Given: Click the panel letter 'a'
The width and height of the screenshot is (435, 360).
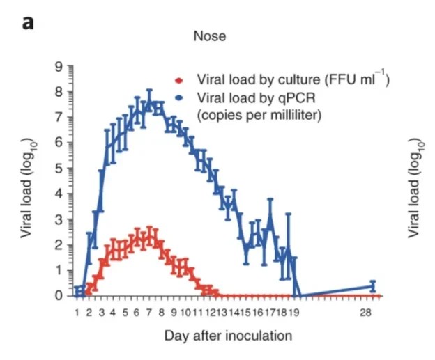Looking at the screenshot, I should point(28,22).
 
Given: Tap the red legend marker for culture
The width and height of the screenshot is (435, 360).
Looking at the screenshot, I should point(180,79).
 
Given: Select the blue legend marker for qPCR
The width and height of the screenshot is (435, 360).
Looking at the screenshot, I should point(180,97).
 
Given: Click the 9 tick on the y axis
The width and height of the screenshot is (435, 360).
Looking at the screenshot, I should point(60,66).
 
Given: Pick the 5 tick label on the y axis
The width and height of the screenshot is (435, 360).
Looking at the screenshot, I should point(60,168).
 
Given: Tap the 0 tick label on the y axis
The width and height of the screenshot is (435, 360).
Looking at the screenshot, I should point(60,295).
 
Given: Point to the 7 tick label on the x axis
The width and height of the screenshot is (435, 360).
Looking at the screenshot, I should point(148,313).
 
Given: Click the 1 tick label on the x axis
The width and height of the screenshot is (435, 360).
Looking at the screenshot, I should point(77,313).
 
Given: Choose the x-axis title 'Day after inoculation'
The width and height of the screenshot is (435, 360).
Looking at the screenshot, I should point(228,336).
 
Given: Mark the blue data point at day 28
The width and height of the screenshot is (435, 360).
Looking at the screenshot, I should point(373,285).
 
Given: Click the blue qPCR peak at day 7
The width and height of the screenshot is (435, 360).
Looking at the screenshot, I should point(148,103).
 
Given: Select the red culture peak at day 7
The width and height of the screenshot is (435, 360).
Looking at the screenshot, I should point(148,237).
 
